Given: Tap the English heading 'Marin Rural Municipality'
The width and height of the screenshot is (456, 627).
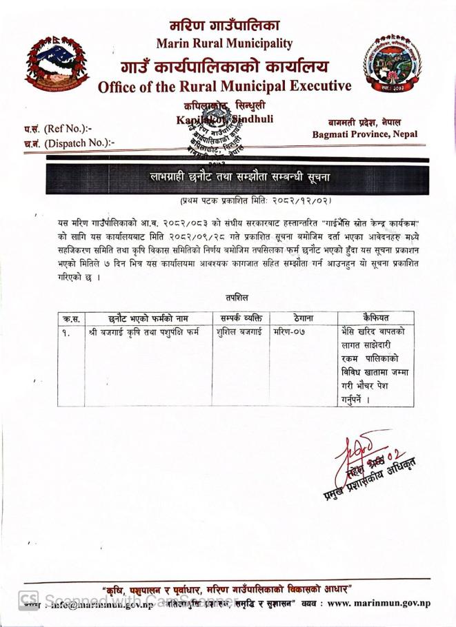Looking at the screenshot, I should pos(224,43).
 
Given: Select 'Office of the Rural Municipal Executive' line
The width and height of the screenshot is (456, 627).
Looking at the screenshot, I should pos(224,87).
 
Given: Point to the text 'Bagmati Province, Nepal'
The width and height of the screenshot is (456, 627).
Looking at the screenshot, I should pos(365,134).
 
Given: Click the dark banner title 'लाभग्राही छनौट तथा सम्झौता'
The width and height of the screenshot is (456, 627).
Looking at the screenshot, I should pos(239,178).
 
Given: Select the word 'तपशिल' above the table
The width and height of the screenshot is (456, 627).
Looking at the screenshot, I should pos(236,297).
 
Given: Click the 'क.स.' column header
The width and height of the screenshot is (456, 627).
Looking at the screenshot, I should pos(71,318).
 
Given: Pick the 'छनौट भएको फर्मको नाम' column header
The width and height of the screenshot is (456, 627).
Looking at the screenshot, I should pos(148,318).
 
